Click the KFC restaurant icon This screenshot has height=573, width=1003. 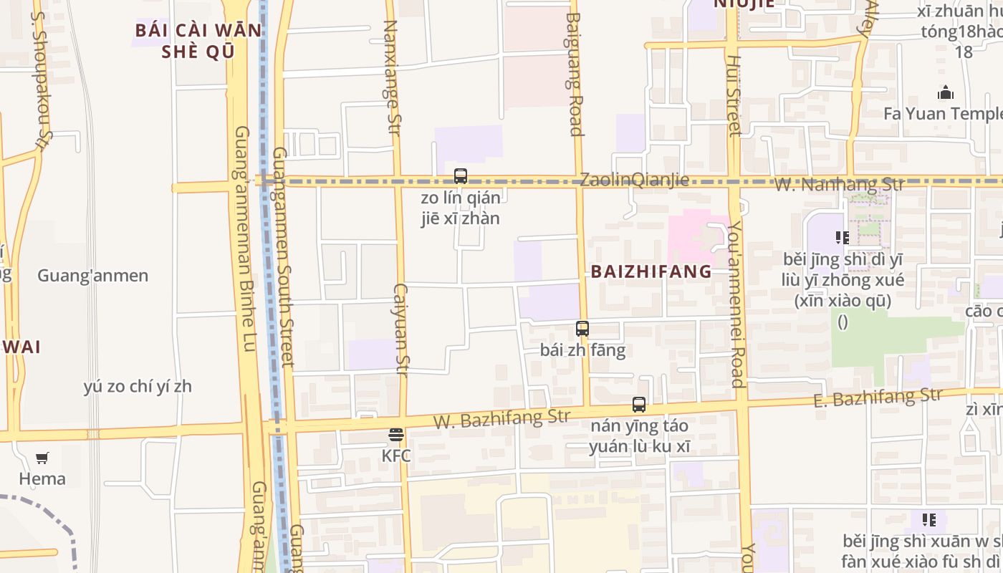395,435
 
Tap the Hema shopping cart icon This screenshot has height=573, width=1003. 42,458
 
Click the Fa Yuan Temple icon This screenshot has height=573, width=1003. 946,93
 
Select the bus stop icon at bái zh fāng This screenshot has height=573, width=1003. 582,329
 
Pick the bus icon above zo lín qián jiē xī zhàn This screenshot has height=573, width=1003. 461,176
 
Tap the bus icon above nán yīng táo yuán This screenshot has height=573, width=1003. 639,405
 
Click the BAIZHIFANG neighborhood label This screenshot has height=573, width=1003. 651,271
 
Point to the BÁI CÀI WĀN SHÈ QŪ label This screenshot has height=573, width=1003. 199,42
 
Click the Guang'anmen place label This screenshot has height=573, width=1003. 93,276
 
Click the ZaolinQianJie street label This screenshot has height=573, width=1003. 634,180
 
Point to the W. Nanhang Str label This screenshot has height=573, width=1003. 840,185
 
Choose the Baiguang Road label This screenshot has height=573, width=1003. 574,74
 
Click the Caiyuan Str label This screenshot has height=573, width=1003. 401,329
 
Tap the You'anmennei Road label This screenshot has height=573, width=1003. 736,304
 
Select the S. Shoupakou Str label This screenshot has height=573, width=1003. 42,80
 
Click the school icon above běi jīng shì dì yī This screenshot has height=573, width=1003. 842,237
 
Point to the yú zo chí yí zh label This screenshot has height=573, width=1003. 138,387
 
